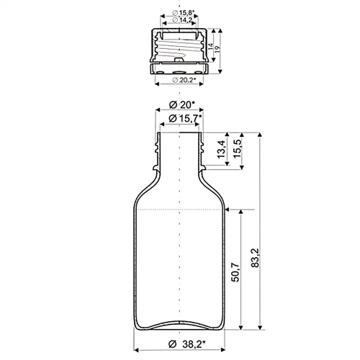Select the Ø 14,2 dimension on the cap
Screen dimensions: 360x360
click(182, 20)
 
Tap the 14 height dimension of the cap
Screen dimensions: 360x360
click(210, 46)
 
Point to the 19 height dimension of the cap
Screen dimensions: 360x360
click(217, 49)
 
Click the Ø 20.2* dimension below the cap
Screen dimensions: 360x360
click(184, 80)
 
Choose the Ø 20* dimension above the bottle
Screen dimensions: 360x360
click(182, 105)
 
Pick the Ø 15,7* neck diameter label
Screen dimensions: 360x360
click(185, 118)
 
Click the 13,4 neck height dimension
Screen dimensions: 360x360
click(221, 149)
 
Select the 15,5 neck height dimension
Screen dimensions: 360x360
click(237, 148)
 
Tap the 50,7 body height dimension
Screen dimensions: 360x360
click(235, 272)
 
